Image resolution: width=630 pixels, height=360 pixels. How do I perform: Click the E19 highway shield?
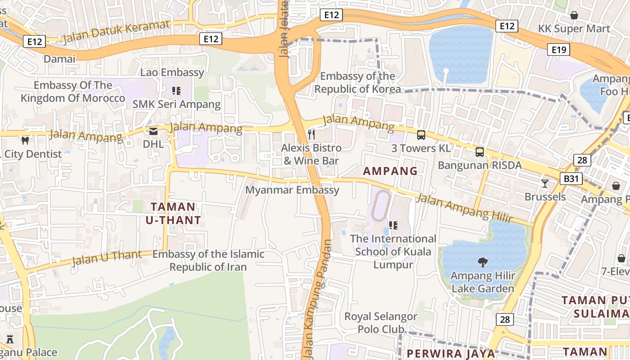click(x=558, y=49)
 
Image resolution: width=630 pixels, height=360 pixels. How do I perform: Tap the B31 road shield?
click(x=571, y=179)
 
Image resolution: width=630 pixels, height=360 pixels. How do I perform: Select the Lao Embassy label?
click(x=172, y=72)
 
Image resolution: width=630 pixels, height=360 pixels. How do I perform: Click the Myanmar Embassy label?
click(x=292, y=190)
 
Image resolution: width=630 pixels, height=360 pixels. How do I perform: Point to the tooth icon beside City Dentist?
click(x=25, y=140)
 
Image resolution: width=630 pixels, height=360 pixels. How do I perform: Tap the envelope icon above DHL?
click(x=153, y=131)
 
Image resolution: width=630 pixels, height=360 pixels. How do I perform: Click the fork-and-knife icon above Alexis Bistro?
click(x=311, y=134)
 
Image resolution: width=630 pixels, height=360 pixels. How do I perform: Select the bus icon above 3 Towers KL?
click(x=421, y=135)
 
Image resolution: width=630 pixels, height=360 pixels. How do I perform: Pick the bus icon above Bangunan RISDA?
click(x=480, y=152)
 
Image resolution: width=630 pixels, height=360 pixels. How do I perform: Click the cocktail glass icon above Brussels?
click(x=545, y=183)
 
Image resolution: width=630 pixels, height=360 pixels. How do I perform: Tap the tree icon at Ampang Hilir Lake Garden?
click(x=482, y=262)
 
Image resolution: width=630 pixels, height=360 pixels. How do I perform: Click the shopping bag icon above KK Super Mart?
click(x=574, y=15)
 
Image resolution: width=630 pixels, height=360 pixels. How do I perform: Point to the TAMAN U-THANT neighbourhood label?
click(x=173, y=213)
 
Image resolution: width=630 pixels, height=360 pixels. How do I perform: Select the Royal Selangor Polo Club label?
click(x=381, y=323)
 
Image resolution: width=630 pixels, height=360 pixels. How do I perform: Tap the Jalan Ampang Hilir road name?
click(x=463, y=207)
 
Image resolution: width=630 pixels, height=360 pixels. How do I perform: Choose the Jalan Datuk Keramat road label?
click(x=116, y=31)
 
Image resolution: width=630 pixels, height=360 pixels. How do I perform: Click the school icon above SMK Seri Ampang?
click(x=176, y=91)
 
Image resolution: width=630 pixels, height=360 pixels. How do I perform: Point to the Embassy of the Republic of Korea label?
click(x=357, y=82)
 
